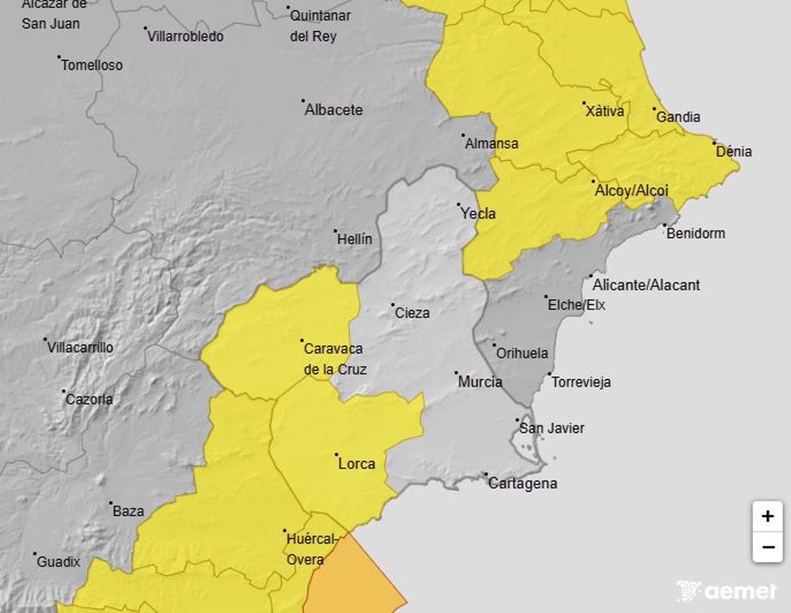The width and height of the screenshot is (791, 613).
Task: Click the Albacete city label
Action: pos(334,110)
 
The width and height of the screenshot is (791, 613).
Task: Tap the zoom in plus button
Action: pos(767,516)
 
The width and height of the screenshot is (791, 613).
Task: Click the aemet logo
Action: pos(726,591)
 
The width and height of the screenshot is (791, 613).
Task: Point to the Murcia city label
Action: pos(480,382)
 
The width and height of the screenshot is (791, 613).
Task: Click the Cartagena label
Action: pos(523,484)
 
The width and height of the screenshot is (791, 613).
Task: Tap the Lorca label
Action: pos(357,464)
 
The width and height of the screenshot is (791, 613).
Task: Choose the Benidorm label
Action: pos(695,234)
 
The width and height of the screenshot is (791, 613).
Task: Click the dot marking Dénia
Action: pos(714,142)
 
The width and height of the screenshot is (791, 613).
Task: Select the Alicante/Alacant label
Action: pos(646,285)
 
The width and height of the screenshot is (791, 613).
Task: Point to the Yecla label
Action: pos(478,214)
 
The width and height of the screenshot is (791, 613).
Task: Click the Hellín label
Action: pos(355,240)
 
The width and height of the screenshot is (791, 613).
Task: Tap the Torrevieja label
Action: pos(581,382)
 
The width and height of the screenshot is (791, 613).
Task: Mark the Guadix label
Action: pos(59,562)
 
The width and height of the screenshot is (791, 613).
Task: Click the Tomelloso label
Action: pos(92,65)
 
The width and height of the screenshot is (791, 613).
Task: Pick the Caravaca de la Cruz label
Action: pos(334,359)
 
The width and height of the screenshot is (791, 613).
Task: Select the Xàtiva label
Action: pos(604,112)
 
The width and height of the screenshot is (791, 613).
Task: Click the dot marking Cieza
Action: pos(393,305)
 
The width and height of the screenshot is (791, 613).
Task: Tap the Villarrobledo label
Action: pos(185,37)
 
